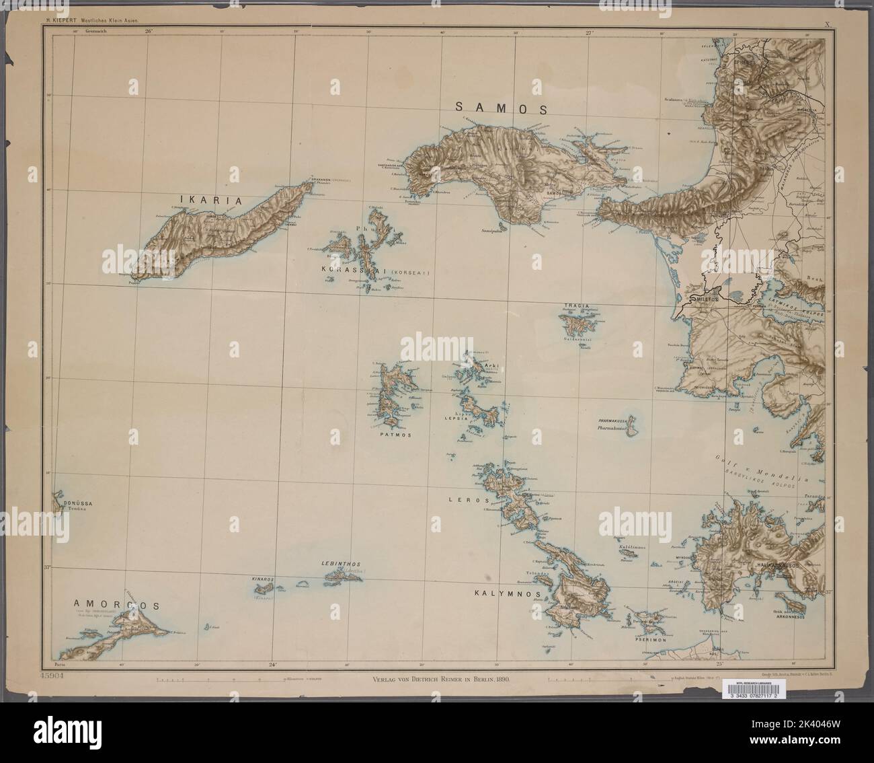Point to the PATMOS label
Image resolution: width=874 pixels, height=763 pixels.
click(x=397, y=435)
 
